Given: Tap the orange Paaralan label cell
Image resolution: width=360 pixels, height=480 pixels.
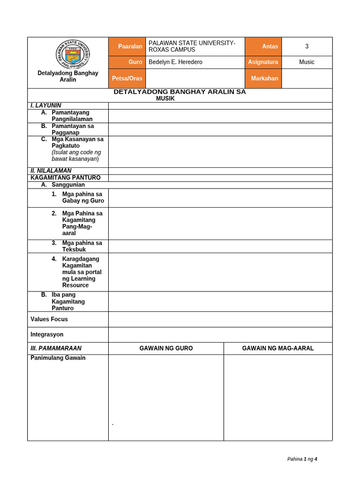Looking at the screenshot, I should (127, 46).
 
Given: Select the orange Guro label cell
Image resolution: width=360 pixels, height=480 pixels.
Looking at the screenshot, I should (127, 62).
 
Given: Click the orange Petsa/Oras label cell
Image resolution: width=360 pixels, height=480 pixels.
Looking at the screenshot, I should (127, 78).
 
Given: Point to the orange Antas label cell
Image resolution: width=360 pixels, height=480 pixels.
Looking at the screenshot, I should (263, 46).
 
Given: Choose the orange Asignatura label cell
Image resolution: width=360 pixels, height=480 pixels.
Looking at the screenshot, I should (263, 62).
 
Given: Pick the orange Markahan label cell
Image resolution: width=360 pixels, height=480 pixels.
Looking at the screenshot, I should (263, 78).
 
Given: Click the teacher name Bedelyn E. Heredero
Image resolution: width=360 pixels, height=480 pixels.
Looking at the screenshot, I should (175, 62).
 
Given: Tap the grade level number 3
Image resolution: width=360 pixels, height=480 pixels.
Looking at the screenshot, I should (307, 46).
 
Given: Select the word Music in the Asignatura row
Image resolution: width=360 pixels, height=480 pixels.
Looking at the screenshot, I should (307, 62).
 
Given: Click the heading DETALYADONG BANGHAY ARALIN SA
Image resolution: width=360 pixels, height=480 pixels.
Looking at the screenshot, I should (180, 92).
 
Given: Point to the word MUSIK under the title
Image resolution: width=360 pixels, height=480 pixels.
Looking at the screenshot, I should (165, 98).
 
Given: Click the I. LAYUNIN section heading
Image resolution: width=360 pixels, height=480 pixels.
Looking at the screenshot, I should (46, 105).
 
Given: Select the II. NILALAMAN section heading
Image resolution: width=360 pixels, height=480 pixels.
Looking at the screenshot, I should (51, 171).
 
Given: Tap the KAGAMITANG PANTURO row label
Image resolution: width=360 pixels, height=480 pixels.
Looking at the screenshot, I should (66, 178).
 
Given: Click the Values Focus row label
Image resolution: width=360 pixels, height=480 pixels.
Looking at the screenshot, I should (49, 319).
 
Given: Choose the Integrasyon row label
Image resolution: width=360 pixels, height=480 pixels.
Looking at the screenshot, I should (47, 335).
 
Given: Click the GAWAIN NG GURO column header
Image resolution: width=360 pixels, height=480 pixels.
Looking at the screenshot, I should (166, 348).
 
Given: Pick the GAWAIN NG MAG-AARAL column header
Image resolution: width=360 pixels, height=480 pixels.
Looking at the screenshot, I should (278, 348).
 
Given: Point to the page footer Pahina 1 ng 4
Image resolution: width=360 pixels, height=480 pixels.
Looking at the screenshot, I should (302, 459).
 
